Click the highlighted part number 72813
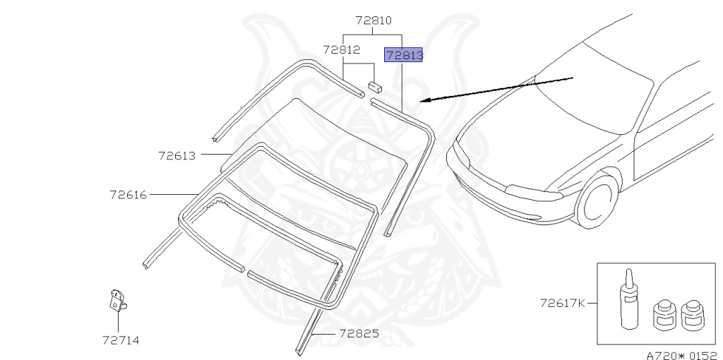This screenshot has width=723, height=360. [403, 55]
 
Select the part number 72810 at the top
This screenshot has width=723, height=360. [374, 20]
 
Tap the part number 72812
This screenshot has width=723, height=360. [342, 49]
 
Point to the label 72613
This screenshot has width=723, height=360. [177, 156]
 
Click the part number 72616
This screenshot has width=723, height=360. [129, 195]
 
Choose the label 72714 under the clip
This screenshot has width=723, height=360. [121, 340]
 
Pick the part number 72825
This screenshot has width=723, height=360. [359, 333]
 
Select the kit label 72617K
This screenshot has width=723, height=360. [563, 303]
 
